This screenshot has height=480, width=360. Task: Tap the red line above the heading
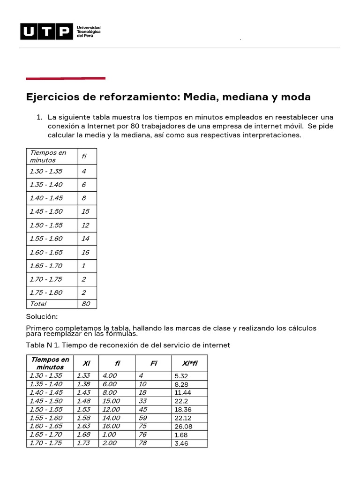[x=66, y=78]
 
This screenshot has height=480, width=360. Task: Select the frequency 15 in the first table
[x=85, y=211]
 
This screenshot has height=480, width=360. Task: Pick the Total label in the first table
[x=38, y=304]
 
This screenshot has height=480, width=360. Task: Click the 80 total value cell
[x=86, y=304]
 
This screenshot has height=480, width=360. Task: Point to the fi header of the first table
[x=84, y=156]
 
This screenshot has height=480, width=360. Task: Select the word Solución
[x=42, y=317]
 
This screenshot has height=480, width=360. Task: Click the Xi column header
[x=86, y=363]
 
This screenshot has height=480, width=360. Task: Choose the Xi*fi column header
[x=189, y=363]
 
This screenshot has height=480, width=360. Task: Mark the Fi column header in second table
[x=153, y=363]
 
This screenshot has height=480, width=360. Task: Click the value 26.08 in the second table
[x=183, y=427]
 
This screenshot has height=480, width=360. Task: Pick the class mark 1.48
[x=83, y=401]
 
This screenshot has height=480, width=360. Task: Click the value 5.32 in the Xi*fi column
[x=181, y=376]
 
